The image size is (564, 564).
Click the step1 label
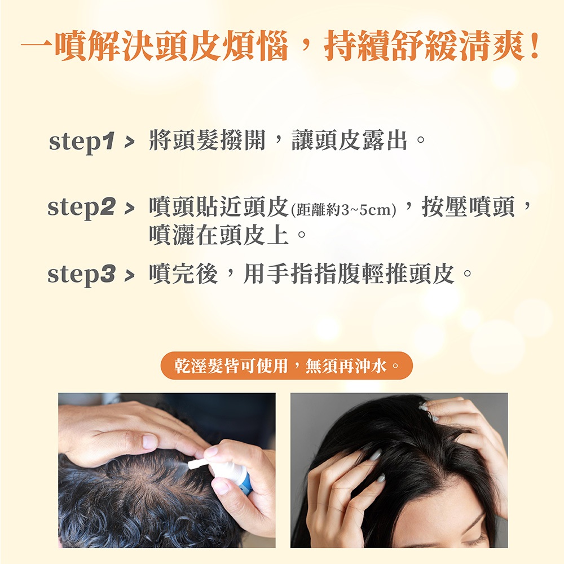pyautogui.click(x=82, y=142)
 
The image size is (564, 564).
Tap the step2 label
pyautogui.click(x=82, y=208)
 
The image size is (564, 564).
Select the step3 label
pyautogui.click(x=82, y=275)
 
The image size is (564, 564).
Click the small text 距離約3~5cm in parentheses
pyautogui.click(x=343, y=210)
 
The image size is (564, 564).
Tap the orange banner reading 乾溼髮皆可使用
pyautogui.click(x=287, y=366)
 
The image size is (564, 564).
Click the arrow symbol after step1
pyautogui.click(x=129, y=143)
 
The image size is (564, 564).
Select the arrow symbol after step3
pyautogui.click(x=129, y=276)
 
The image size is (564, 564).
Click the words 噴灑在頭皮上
pyautogui.click(x=219, y=235)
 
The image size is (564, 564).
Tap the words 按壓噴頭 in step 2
pyautogui.click(x=468, y=207)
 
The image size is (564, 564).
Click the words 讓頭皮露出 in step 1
pyautogui.click(x=349, y=140)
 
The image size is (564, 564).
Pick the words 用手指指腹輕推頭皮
pyautogui.click(x=349, y=274)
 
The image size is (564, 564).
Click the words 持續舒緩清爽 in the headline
pyautogui.click(x=424, y=46)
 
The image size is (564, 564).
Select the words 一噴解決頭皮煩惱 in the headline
pyautogui.click(x=155, y=46)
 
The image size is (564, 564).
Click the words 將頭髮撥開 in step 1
pyautogui.click(x=207, y=140)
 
